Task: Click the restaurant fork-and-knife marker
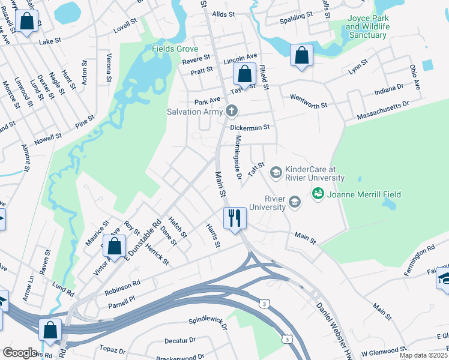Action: (234, 218)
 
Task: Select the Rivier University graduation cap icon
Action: (294, 202)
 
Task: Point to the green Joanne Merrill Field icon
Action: (317, 193)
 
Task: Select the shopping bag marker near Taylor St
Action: (244, 75)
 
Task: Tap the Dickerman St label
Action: (250, 127)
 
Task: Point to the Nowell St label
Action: (49, 139)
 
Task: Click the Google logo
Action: (19, 352)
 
